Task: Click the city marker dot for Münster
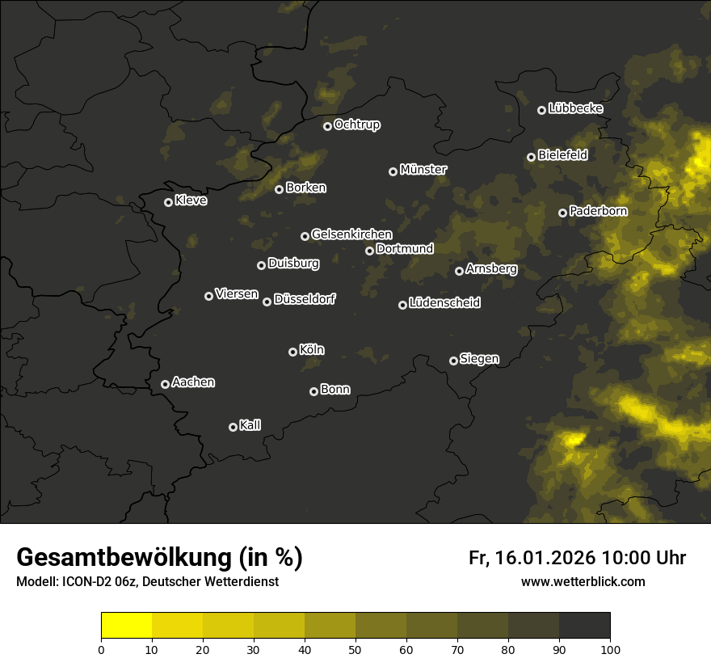point(393,171)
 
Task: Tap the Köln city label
point(312,350)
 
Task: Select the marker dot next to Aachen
point(166,384)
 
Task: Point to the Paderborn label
point(598,211)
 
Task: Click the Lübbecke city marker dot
point(542,110)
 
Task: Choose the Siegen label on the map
point(479,359)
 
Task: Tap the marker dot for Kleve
point(169,202)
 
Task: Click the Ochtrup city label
point(356,124)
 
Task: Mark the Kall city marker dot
point(233,427)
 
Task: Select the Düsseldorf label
point(305,299)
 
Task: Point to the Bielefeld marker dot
point(532,157)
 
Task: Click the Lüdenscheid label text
point(444,303)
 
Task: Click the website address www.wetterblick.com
point(583,581)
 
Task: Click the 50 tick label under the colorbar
point(355,648)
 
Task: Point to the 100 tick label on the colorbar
point(610,648)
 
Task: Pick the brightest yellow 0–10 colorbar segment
point(127,626)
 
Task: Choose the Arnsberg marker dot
point(460,271)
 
